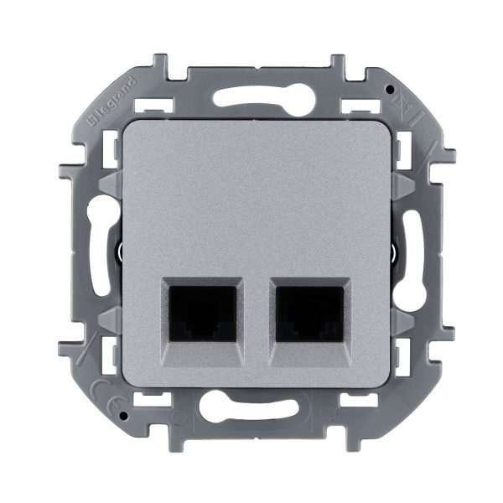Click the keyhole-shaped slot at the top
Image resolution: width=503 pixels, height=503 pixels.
[x=251, y=97]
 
